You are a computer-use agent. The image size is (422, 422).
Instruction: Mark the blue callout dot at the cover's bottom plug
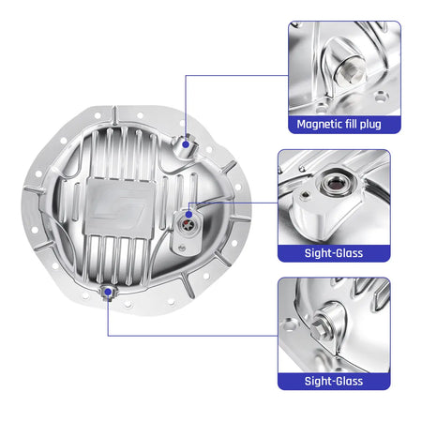(109, 293)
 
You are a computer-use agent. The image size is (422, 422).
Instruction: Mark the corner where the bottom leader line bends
(109, 335)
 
